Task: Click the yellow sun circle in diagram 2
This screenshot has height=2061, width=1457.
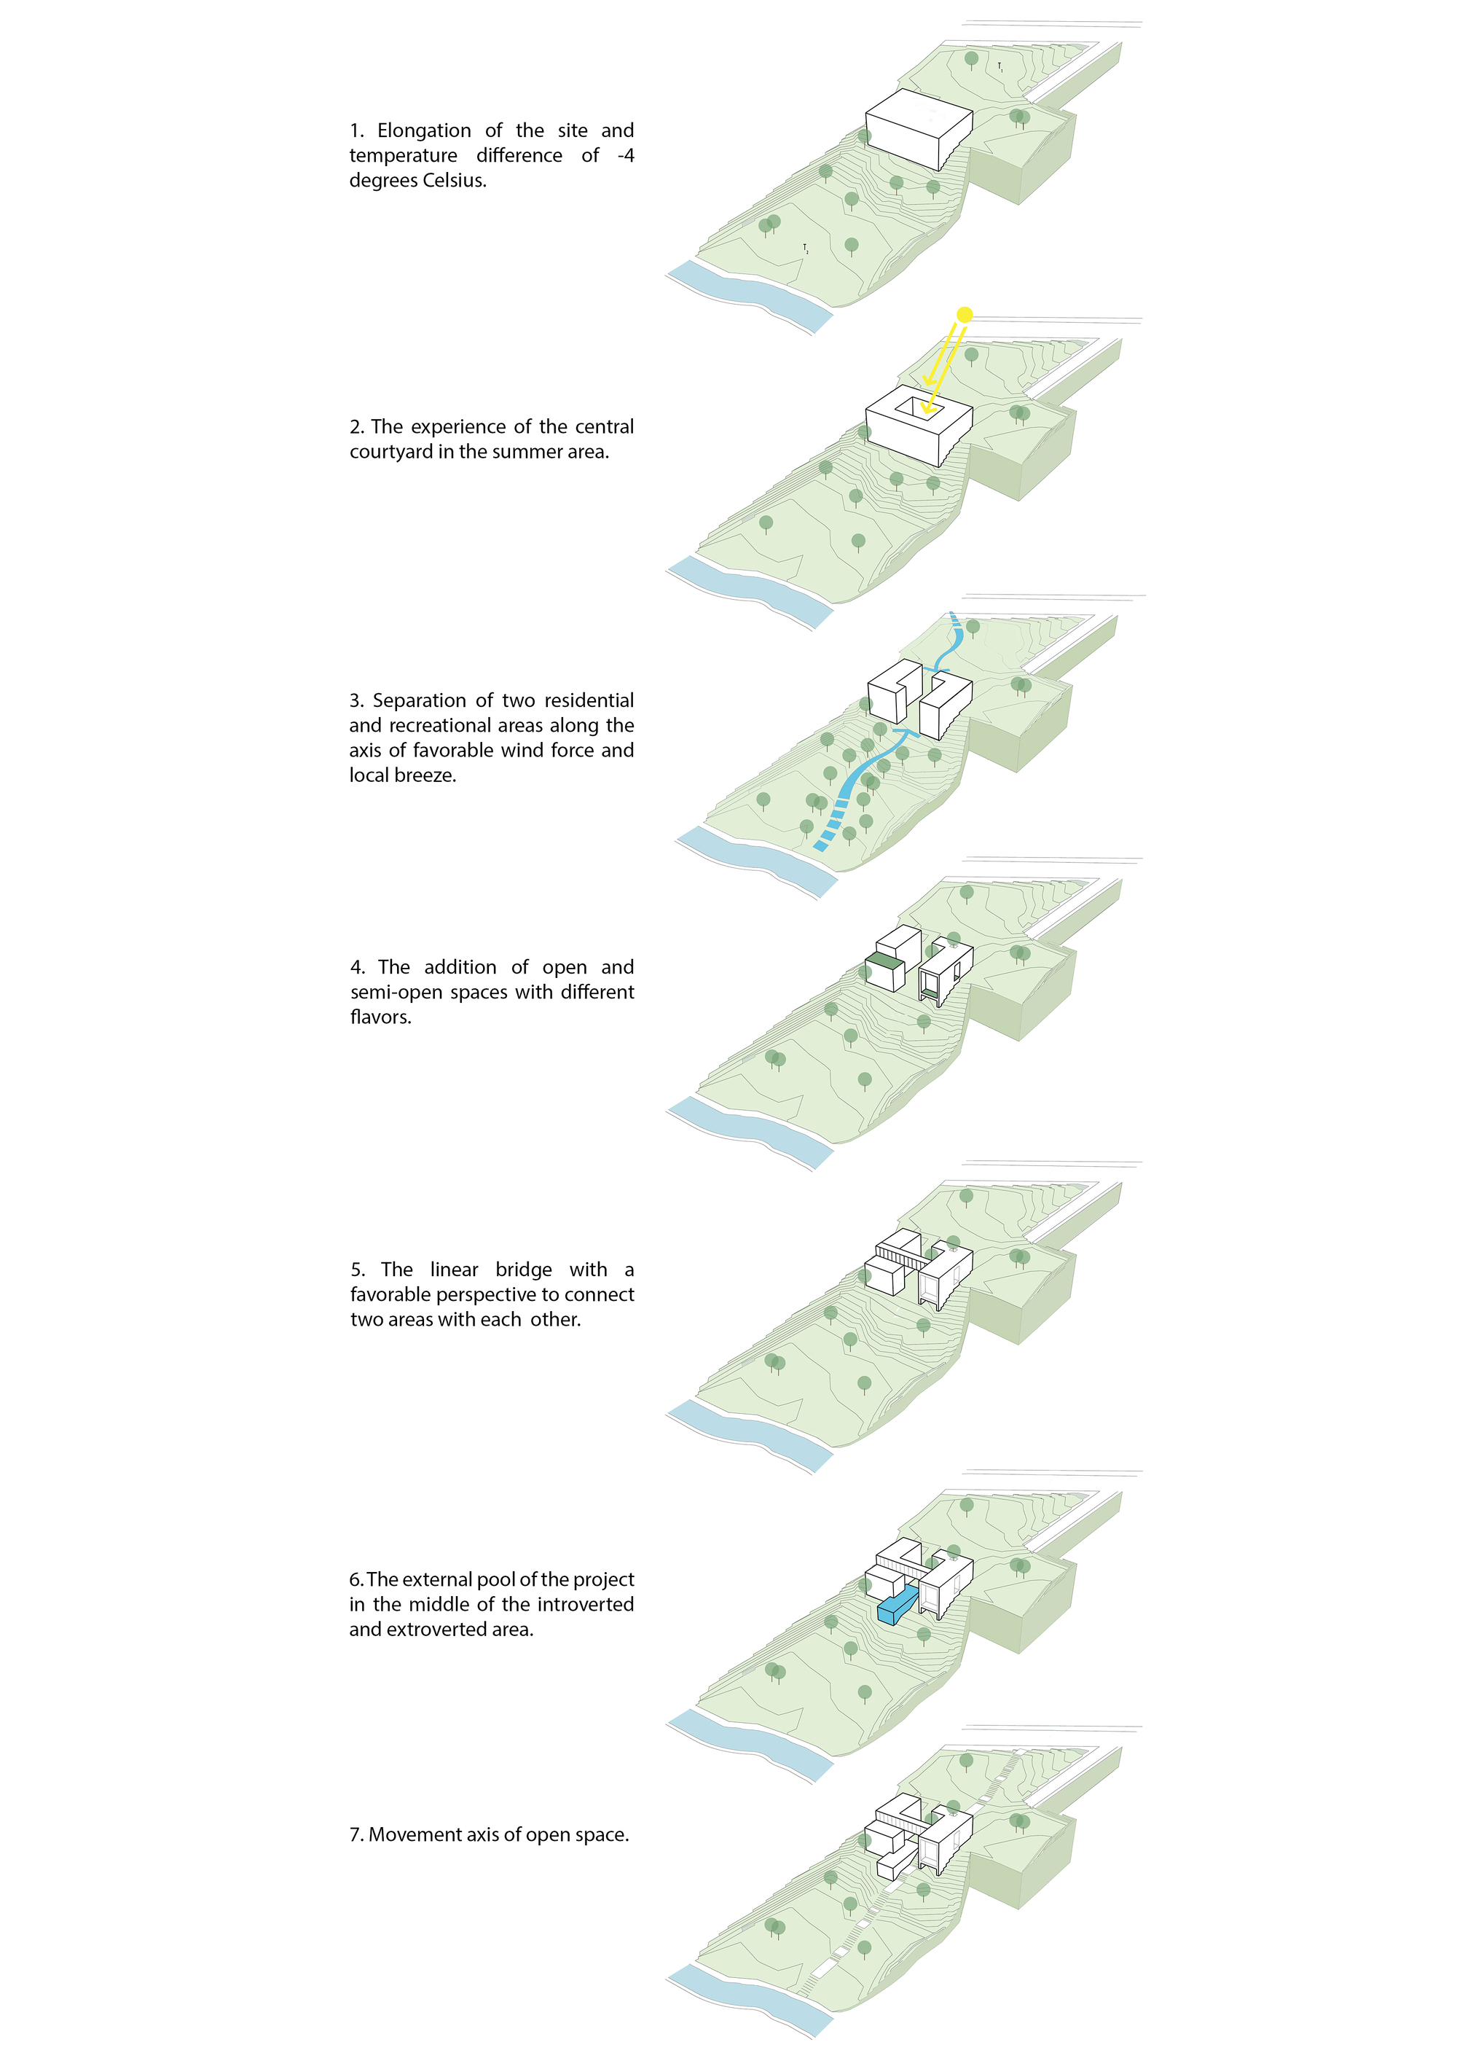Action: coord(965,314)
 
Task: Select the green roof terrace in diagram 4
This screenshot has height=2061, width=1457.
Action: coord(883,961)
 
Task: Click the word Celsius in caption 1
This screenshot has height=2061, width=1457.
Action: coord(454,181)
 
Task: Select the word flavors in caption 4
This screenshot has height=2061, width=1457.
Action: coord(380,1017)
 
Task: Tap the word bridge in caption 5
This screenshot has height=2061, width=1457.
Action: coord(524,1270)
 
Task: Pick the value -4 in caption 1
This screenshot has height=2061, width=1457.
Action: coord(625,155)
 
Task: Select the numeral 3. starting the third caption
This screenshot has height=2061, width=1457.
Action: coord(357,700)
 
